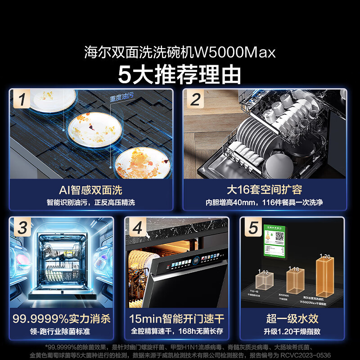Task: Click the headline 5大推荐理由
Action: [180, 74]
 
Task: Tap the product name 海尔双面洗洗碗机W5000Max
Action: [180, 53]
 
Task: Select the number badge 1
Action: [22, 99]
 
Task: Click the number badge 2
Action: [195, 99]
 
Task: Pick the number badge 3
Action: [22, 228]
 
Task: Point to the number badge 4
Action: [137, 228]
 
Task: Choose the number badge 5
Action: [253, 228]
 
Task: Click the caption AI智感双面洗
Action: [90, 190]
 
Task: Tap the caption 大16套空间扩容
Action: [264, 190]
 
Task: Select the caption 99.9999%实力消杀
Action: [62, 319]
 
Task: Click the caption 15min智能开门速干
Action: [177, 319]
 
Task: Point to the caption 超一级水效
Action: [292, 319]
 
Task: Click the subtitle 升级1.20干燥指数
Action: [292, 332]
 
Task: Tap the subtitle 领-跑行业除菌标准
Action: [62, 332]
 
